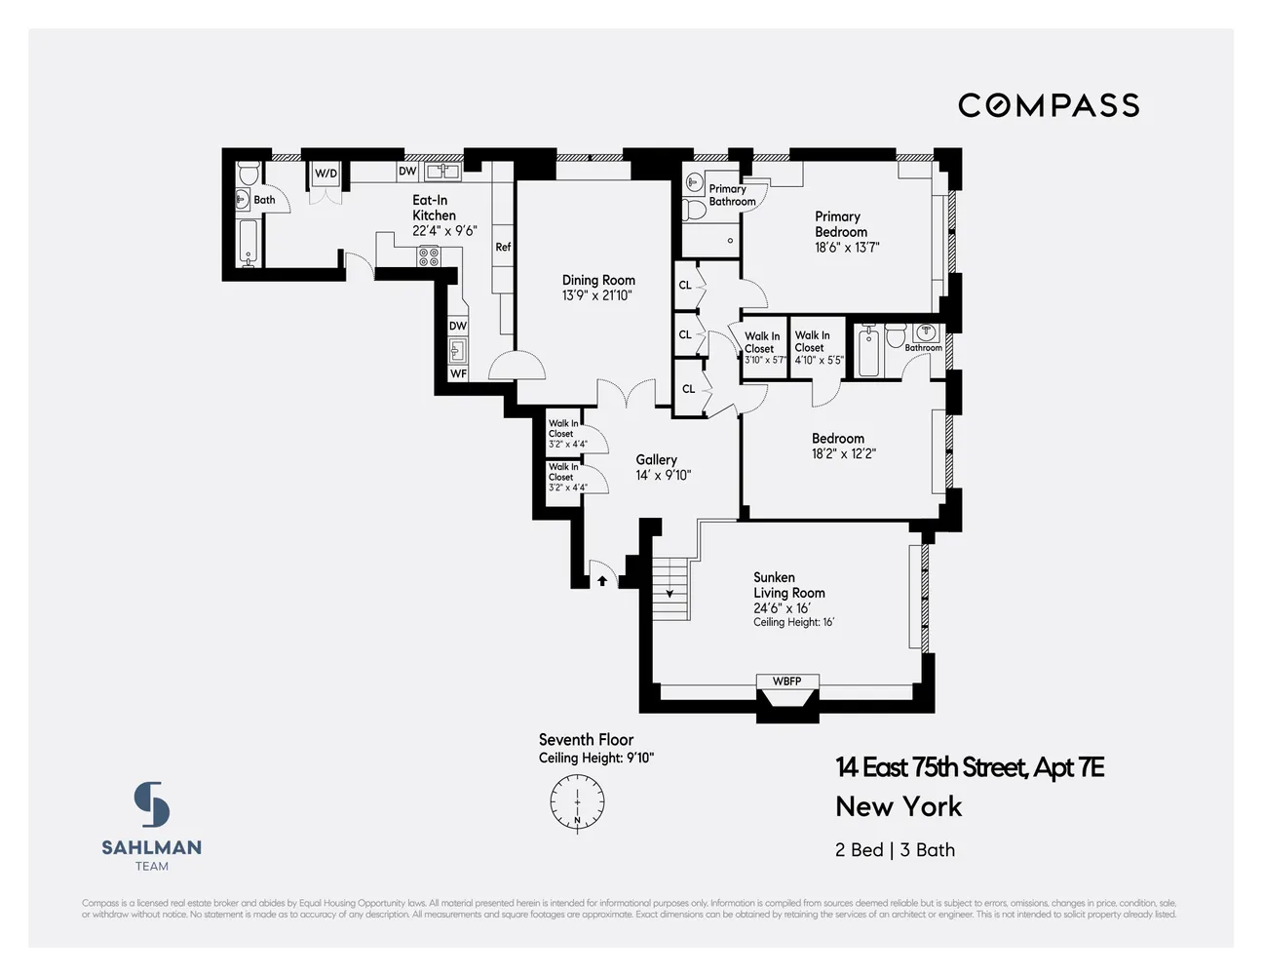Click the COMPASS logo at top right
pyautogui.click(x=1049, y=105)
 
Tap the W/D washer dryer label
pyautogui.click(x=325, y=174)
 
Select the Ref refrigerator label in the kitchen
pyautogui.click(x=503, y=247)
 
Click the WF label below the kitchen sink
pyautogui.click(x=458, y=373)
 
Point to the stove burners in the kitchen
pyautogui.click(x=429, y=256)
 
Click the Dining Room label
pyautogui.click(x=598, y=280)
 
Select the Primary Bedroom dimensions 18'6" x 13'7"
pyautogui.click(x=847, y=248)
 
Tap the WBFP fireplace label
pyautogui.click(x=786, y=681)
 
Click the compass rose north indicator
pyautogui.click(x=577, y=802)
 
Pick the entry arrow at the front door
pyautogui.click(x=602, y=581)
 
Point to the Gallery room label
pyautogui.click(x=656, y=459)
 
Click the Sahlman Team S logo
pyautogui.click(x=152, y=805)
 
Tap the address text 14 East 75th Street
pyautogui.click(x=969, y=768)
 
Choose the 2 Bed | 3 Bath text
pyautogui.click(x=895, y=849)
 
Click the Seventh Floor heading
pyautogui.click(x=586, y=740)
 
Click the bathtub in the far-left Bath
pyautogui.click(x=248, y=243)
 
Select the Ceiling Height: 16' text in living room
pyautogui.click(x=793, y=622)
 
